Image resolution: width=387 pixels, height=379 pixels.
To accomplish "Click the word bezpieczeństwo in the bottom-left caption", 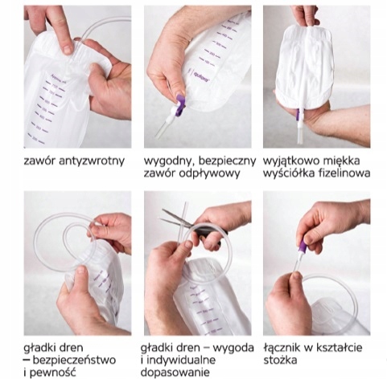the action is pyautogui.click(x=74, y=360).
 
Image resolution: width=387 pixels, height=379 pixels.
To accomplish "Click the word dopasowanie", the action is pyautogui.click(x=175, y=373).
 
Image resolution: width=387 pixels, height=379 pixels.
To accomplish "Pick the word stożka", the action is pyautogui.click(x=280, y=360).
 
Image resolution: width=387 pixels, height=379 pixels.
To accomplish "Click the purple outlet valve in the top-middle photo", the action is pyautogui.click(x=179, y=105).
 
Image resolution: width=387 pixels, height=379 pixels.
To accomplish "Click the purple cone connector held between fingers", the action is pyautogui.click(x=303, y=247).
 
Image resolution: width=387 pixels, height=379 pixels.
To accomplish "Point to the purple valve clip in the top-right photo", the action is pyautogui.click(x=298, y=115).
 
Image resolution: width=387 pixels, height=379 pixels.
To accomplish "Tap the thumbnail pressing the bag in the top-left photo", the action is pyautogui.click(x=68, y=50).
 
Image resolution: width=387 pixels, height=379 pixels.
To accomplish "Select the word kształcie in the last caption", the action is pyautogui.click(x=340, y=348).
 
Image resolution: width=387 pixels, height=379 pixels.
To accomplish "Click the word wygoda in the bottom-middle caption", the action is pyautogui.click(x=233, y=348).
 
